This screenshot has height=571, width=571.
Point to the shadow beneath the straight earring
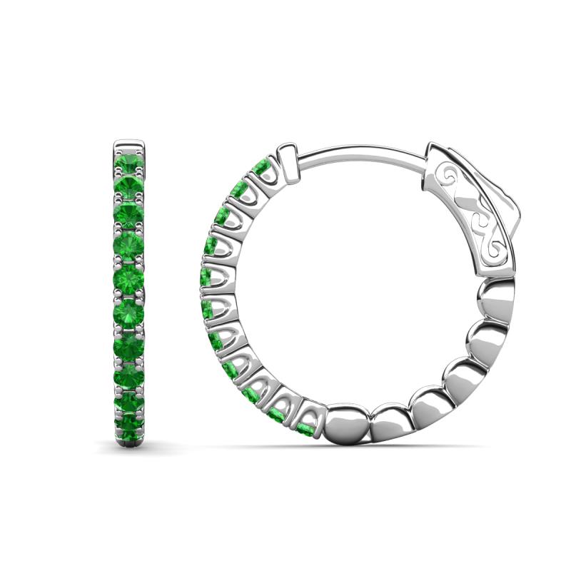click(129, 448)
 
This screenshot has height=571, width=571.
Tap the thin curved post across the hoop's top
click(357, 151)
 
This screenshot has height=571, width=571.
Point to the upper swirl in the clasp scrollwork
click(454, 178)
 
